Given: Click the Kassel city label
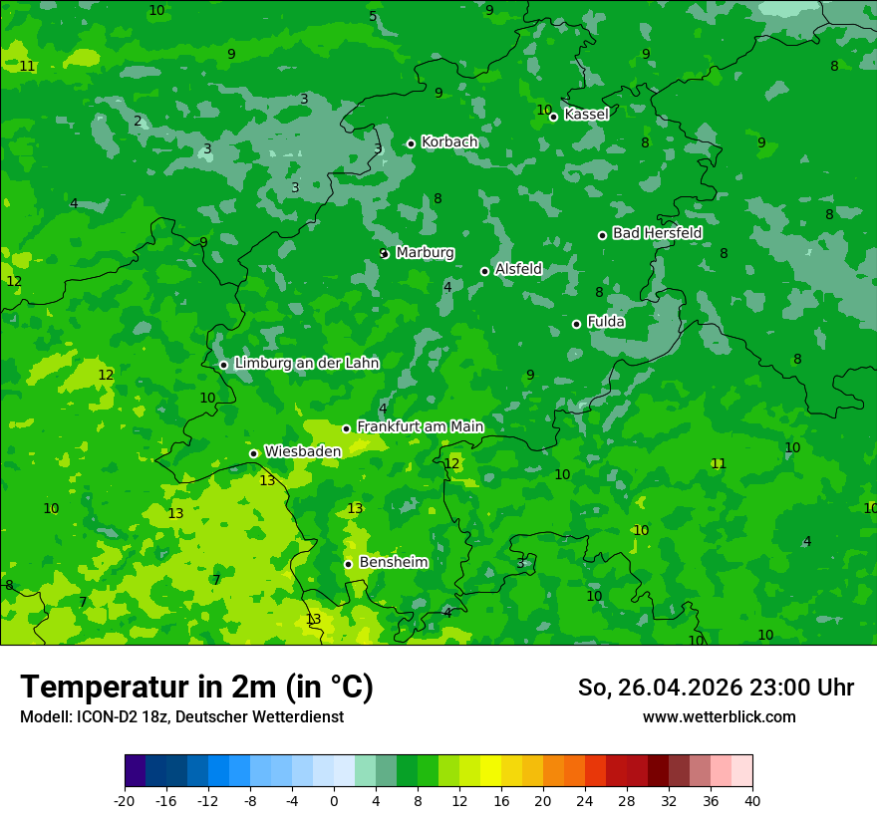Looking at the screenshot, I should [x=586, y=115].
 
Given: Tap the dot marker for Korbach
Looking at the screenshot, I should [x=411, y=143].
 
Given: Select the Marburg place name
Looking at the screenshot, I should [x=425, y=253].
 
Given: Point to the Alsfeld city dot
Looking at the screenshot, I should [x=485, y=271].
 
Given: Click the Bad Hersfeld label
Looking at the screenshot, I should [x=657, y=233].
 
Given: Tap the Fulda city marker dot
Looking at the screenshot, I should [x=576, y=324].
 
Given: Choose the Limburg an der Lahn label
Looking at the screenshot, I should [x=306, y=364].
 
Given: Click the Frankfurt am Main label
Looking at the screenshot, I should [x=420, y=426].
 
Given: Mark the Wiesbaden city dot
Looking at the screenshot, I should [x=254, y=453].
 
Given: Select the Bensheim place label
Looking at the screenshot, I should [x=393, y=563].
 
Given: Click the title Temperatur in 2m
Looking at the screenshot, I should [x=196, y=688].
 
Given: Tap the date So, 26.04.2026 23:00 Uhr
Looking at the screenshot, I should [x=716, y=688].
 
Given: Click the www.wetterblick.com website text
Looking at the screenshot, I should [x=719, y=717].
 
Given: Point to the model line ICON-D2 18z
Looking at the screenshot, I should [x=181, y=717].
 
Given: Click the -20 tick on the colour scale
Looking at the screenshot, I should [x=125, y=801].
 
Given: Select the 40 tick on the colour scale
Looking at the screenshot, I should [x=752, y=801].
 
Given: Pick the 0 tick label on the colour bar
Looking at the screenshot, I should [x=334, y=801].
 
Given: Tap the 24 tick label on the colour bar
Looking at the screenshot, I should [x=585, y=801].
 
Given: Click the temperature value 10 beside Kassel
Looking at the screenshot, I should [x=544, y=110].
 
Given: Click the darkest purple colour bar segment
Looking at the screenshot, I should [x=135, y=771].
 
